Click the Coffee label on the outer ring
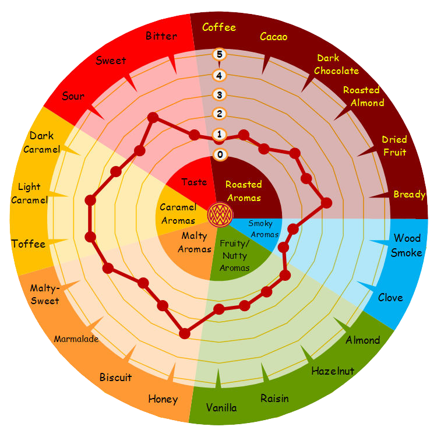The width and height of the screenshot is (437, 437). tap(219, 27)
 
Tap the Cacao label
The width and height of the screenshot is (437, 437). tap(273, 37)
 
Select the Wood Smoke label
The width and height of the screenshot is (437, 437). tap(407, 245)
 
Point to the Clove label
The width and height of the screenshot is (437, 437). tap(390, 298)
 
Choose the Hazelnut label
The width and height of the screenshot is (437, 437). tap(333, 371)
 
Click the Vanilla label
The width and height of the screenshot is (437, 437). tap(221, 407)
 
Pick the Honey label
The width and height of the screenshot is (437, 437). tap(163, 399)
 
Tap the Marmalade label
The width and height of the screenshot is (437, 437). tap(76, 339)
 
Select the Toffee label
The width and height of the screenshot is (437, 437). tap(28, 244)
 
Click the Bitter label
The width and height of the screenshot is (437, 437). tap(161, 36)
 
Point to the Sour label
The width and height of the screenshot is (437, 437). tap(73, 96)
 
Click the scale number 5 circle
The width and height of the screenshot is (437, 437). tap(220, 55)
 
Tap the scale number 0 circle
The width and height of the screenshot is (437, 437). tap(220, 154)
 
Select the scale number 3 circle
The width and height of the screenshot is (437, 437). tap(220, 94)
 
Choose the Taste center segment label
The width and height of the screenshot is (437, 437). tap(194, 182)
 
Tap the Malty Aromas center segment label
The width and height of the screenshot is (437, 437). tap(195, 242)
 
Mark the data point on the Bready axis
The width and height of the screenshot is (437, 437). tap(326, 203)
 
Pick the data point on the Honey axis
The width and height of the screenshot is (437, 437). tap(185, 333)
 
